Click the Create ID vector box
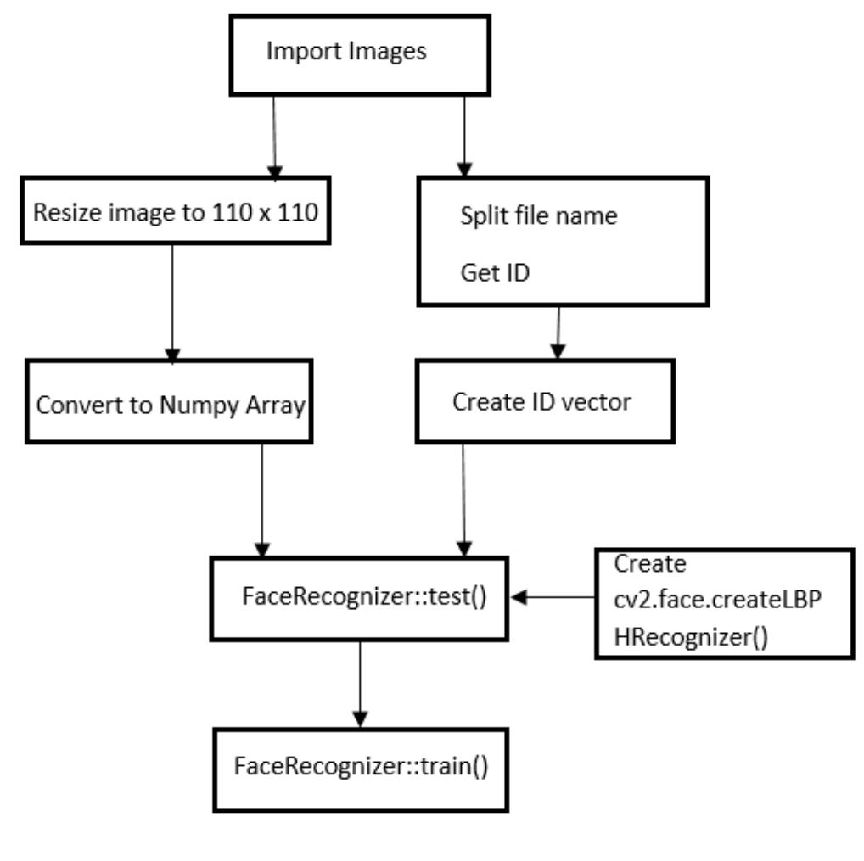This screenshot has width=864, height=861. (x=544, y=401)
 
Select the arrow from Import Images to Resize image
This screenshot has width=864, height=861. (x=273, y=136)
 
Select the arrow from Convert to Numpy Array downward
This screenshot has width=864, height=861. (x=262, y=500)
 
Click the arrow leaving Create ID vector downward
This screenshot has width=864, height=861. (x=463, y=500)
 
